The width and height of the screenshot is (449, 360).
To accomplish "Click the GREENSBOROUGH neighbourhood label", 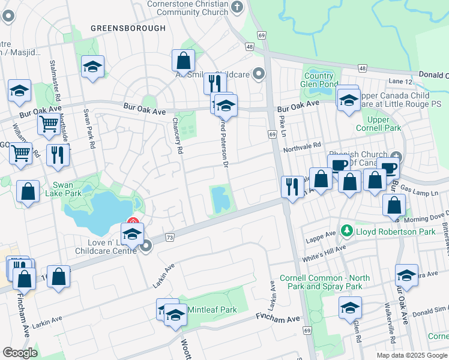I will [x=128, y=28].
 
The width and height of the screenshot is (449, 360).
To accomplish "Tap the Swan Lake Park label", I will [x=67, y=189].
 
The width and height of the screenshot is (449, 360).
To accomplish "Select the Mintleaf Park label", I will [x=212, y=310].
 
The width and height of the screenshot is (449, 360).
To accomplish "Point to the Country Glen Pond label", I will [x=319, y=80].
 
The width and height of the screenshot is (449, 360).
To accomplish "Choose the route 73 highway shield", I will [x=169, y=238].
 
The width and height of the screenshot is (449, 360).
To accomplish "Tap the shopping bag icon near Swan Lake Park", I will [x=28, y=191].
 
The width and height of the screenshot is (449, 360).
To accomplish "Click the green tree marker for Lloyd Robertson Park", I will [x=346, y=231].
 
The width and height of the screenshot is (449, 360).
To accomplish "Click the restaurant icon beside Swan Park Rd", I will [x=58, y=154].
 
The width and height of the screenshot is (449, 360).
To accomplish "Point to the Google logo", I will [x=20, y=353].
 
